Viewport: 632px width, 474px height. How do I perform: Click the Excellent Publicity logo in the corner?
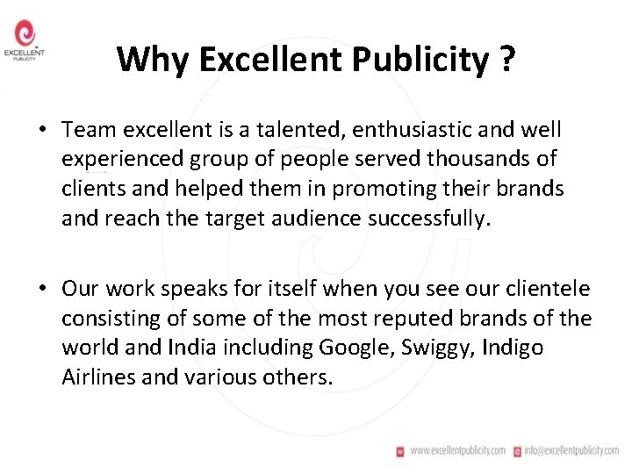(25, 41)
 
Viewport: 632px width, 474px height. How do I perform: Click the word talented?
(282, 130)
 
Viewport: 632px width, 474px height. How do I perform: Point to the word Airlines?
(97, 377)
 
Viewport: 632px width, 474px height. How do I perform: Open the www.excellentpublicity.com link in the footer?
(456, 450)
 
